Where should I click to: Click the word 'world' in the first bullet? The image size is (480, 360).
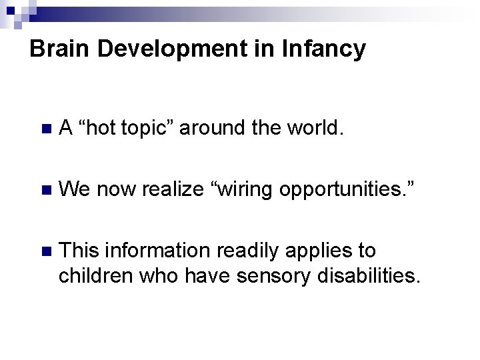pyautogui.click(x=315, y=127)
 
